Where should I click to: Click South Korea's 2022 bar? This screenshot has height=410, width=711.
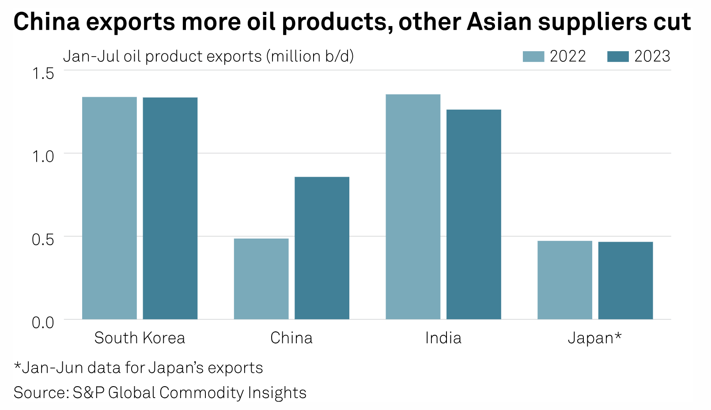click(110, 208)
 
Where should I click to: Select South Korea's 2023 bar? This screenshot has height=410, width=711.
click(170, 208)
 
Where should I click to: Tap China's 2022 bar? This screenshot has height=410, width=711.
click(261, 279)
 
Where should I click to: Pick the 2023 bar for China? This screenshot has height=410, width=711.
click(322, 248)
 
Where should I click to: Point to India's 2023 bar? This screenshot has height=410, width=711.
click(474, 214)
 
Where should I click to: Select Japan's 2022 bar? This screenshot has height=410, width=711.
click(565, 280)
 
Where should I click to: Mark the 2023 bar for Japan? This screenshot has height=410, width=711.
click(625, 280)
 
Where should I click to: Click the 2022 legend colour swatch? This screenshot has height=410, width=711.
click(533, 57)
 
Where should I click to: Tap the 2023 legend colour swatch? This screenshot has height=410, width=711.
click(618, 57)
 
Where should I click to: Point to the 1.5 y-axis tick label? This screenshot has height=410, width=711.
click(43, 73)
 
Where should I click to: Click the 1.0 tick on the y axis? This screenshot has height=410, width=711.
click(43, 156)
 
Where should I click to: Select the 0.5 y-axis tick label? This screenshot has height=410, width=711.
click(43, 239)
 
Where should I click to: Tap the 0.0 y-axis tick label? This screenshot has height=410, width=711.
click(43, 322)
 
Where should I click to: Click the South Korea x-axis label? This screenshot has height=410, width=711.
click(140, 338)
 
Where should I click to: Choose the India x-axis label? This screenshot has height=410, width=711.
click(443, 338)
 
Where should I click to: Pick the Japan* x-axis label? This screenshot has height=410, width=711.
click(594, 338)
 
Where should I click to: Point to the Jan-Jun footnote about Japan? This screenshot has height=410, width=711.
click(138, 368)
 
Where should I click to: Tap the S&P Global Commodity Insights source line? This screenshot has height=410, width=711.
click(160, 393)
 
